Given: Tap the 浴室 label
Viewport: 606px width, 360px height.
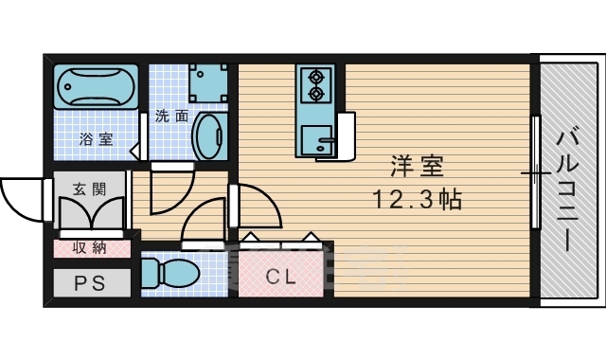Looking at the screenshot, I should pyautogui.click(x=95, y=139).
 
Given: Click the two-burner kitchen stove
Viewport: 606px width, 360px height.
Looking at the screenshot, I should pyautogui.click(x=314, y=83).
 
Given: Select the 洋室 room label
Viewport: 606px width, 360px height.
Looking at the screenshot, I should pyautogui.click(x=418, y=168).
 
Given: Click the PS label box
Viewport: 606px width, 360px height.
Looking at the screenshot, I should pyautogui.click(x=84, y=282).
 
